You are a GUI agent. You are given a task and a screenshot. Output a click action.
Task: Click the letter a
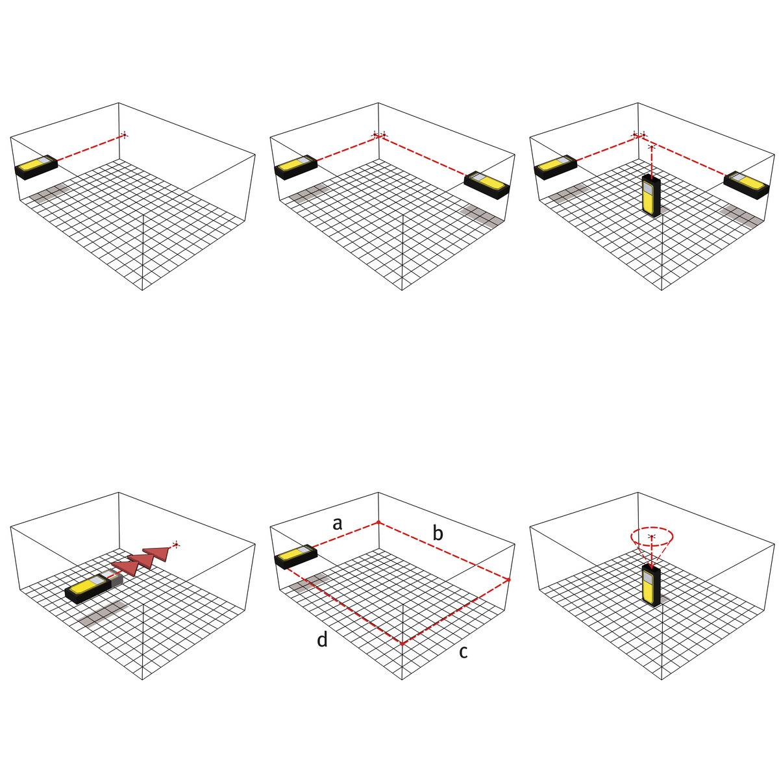337,523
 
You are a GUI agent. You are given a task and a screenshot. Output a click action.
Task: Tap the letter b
438,533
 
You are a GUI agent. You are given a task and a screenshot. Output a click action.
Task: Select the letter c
464,652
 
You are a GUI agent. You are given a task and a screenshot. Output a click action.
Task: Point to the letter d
322,639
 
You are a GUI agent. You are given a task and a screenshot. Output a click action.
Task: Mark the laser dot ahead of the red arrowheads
177,545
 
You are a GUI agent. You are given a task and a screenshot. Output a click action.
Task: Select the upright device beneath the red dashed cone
651,586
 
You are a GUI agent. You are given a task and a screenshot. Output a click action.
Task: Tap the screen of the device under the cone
647,580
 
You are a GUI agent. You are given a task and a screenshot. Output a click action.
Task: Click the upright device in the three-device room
651,195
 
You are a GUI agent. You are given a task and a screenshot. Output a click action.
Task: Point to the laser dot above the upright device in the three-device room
651,147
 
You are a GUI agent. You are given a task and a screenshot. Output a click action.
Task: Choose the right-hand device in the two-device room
486,185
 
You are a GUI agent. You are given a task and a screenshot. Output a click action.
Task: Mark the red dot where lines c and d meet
402,643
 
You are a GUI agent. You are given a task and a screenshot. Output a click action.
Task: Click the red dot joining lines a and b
378,523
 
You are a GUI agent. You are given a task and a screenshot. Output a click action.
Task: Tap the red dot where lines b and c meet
508,580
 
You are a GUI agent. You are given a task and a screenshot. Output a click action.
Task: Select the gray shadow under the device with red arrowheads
103,613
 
